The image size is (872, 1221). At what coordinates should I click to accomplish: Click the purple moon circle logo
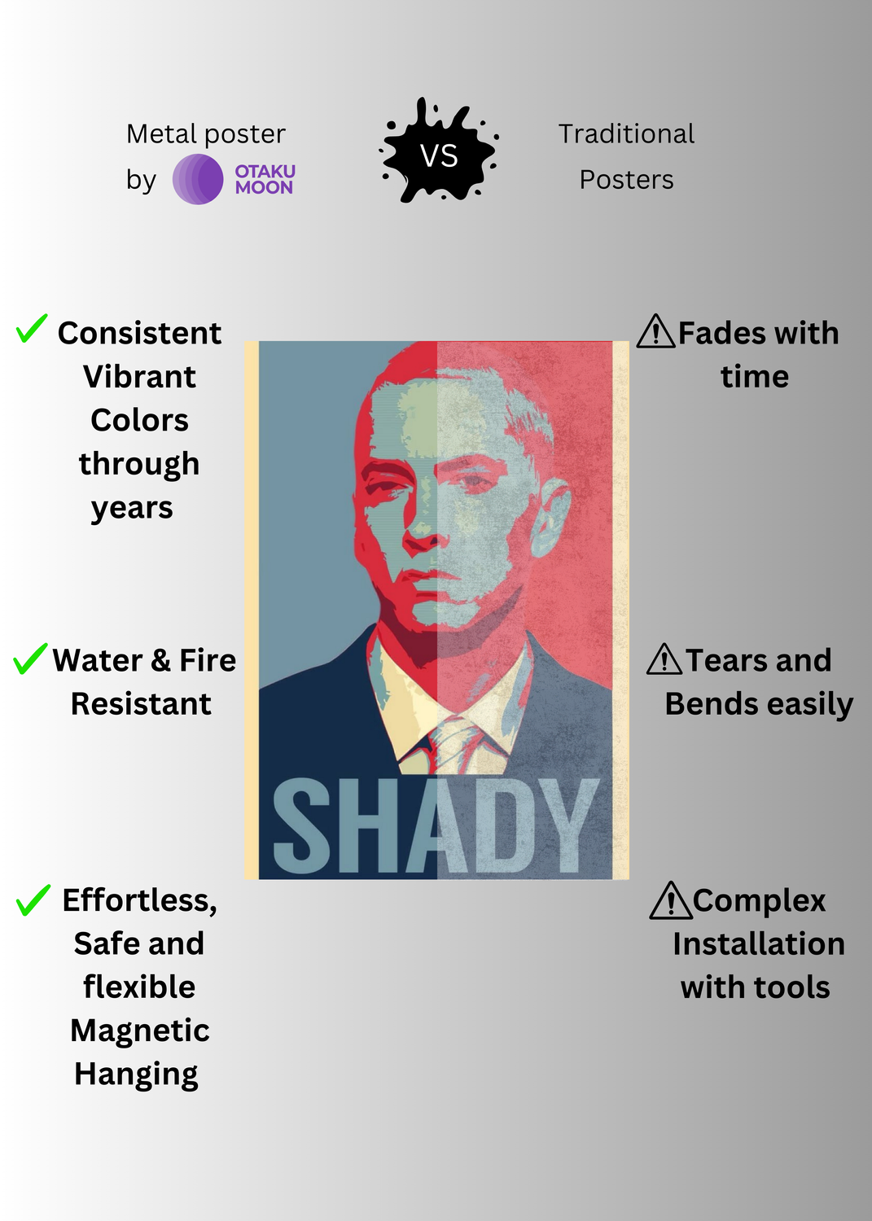pos(197,179)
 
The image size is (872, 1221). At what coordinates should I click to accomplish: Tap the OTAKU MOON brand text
pos(265,179)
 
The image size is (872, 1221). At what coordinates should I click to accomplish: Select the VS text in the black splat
pos(439,155)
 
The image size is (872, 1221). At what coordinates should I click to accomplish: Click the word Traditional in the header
pos(626,133)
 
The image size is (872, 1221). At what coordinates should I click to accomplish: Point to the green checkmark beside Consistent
pos(31,328)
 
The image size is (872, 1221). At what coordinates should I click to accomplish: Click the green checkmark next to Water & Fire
pos(30,658)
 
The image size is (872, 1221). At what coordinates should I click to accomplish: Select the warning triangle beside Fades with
pos(656,330)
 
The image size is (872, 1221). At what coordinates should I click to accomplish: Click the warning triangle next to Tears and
pos(664,659)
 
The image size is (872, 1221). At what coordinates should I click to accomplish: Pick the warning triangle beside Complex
pos(671,900)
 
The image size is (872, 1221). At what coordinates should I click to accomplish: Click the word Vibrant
pos(139,377)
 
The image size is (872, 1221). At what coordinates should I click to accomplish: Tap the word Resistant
pos(141,704)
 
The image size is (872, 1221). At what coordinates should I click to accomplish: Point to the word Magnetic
pos(139,1031)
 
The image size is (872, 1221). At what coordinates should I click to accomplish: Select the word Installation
pos(759,943)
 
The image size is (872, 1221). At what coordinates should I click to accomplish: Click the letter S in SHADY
pos(301,826)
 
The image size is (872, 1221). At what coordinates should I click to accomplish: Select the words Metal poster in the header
pos(206,134)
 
